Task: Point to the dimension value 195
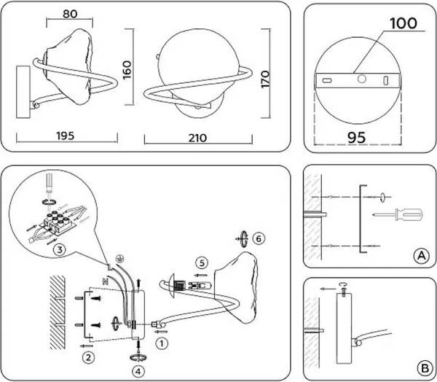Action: (x=66, y=136)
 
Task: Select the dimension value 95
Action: (x=356, y=135)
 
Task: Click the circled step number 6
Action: (x=261, y=238)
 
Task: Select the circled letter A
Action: (x=420, y=255)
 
